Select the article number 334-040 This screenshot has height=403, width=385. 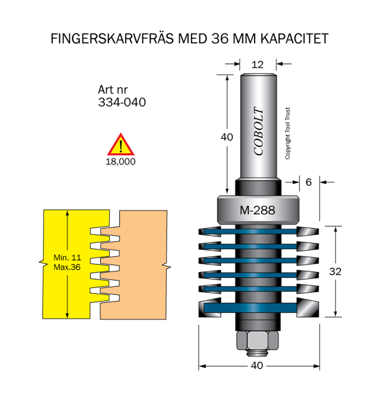click(x=122, y=103)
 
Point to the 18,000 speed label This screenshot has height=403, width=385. click(x=120, y=162)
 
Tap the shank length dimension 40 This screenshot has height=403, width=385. click(x=227, y=137)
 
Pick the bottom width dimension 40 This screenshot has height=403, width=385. click(x=257, y=366)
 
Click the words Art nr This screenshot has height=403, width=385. click(x=113, y=90)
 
